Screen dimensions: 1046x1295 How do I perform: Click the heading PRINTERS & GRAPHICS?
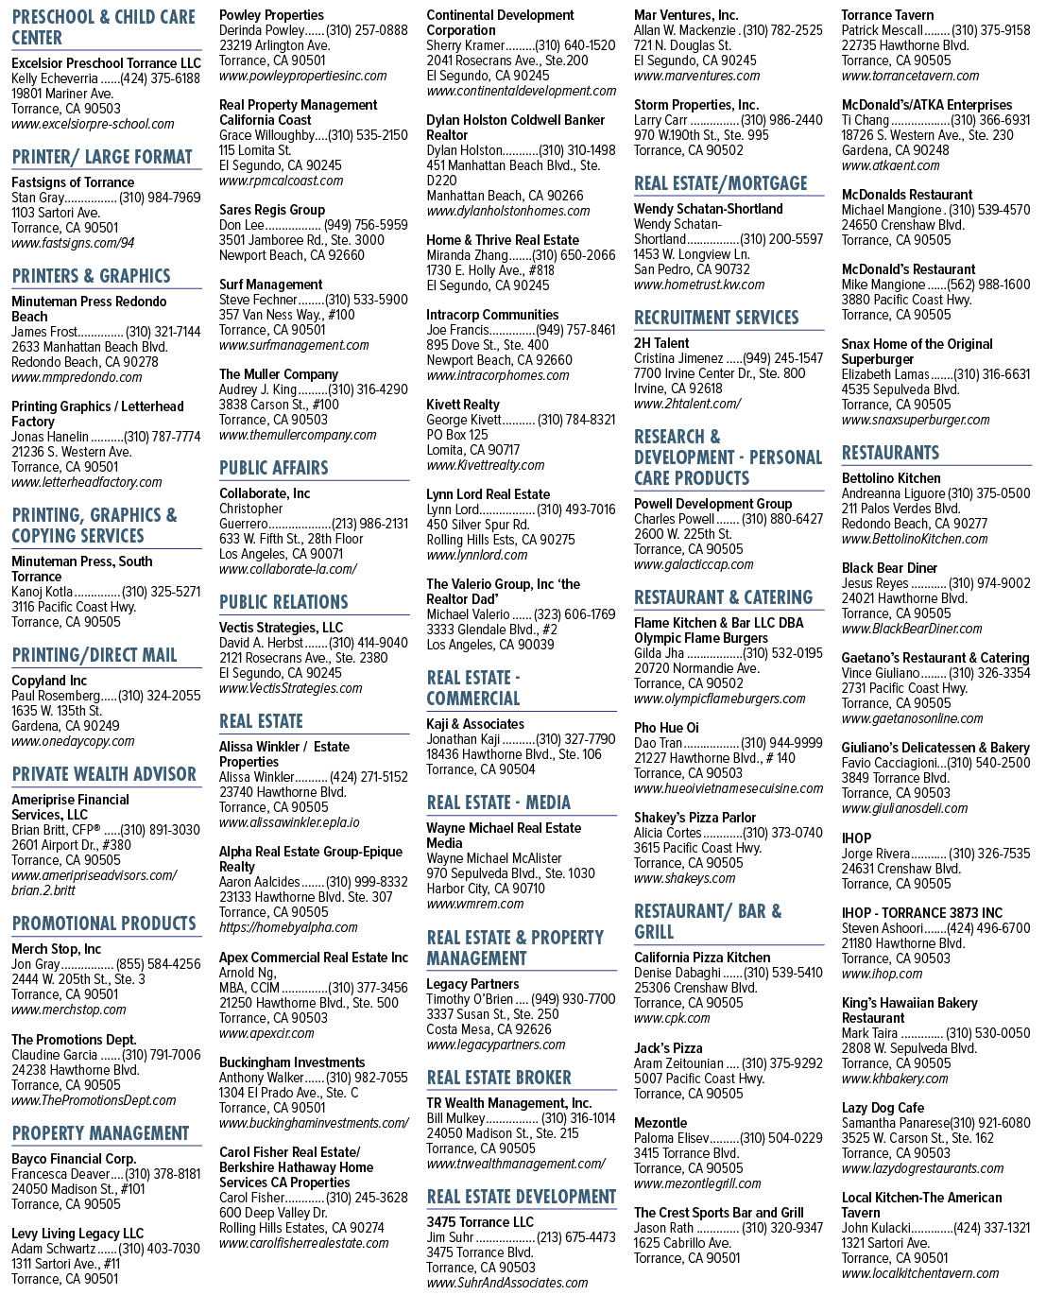[x=91, y=276]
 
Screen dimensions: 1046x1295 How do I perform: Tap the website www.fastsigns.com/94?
[x=73, y=243]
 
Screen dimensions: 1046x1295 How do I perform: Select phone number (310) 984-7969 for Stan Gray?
[x=160, y=198]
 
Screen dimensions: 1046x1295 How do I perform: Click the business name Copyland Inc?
[x=49, y=681]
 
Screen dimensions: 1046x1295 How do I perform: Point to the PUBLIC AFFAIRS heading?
[x=273, y=468]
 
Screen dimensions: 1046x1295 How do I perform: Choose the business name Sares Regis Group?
[x=272, y=210]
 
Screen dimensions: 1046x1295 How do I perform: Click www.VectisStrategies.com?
[x=290, y=688]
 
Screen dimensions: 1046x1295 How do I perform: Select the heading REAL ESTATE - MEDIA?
[x=498, y=803]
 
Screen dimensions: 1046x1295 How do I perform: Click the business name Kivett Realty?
[x=462, y=405]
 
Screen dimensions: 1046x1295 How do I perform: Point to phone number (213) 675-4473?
[x=574, y=1237]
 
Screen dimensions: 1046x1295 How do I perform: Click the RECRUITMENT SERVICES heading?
[x=716, y=318]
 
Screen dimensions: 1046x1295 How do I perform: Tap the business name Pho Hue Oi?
[x=666, y=728]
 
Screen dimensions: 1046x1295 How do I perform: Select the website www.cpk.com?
[x=672, y=1018]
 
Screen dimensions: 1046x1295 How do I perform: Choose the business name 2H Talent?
[x=661, y=343]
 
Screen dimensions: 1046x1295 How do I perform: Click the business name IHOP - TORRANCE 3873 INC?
[x=922, y=912]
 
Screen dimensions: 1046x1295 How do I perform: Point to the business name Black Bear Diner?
[x=889, y=568]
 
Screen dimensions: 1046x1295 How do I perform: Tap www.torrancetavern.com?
[x=910, y=76]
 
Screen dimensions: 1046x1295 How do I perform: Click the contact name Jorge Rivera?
[x=875, y=853]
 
